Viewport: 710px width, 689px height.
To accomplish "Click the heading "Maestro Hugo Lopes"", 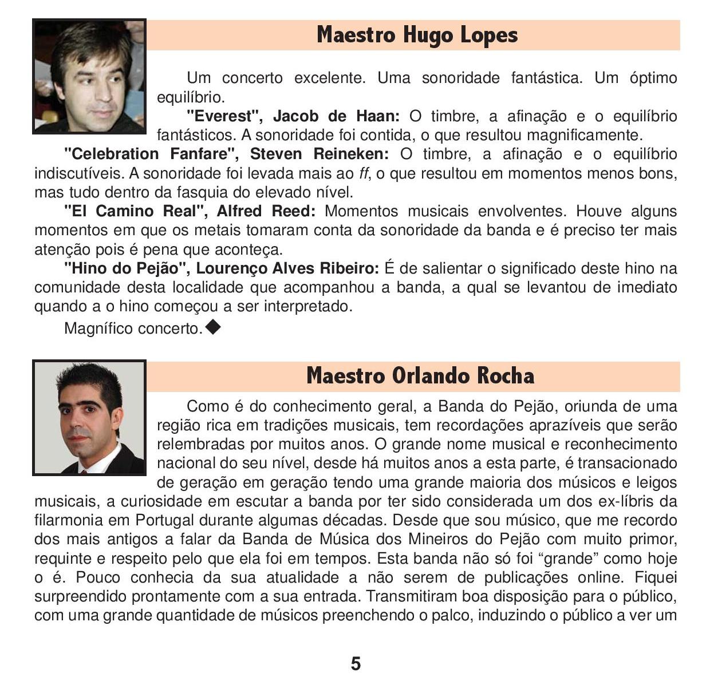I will click(417, 35).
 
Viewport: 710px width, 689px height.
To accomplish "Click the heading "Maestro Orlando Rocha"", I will click(420, 376).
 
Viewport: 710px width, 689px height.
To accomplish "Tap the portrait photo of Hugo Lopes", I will click(89, 77).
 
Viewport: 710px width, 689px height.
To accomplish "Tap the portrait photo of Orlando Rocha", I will click(89, 418).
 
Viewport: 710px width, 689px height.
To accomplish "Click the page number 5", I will click(356, 664).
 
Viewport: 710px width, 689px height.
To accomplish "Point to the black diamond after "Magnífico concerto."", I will click(212, 327).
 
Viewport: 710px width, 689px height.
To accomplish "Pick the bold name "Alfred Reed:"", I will click(266, 211).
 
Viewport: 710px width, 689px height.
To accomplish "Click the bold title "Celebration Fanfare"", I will click(152, 154).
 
